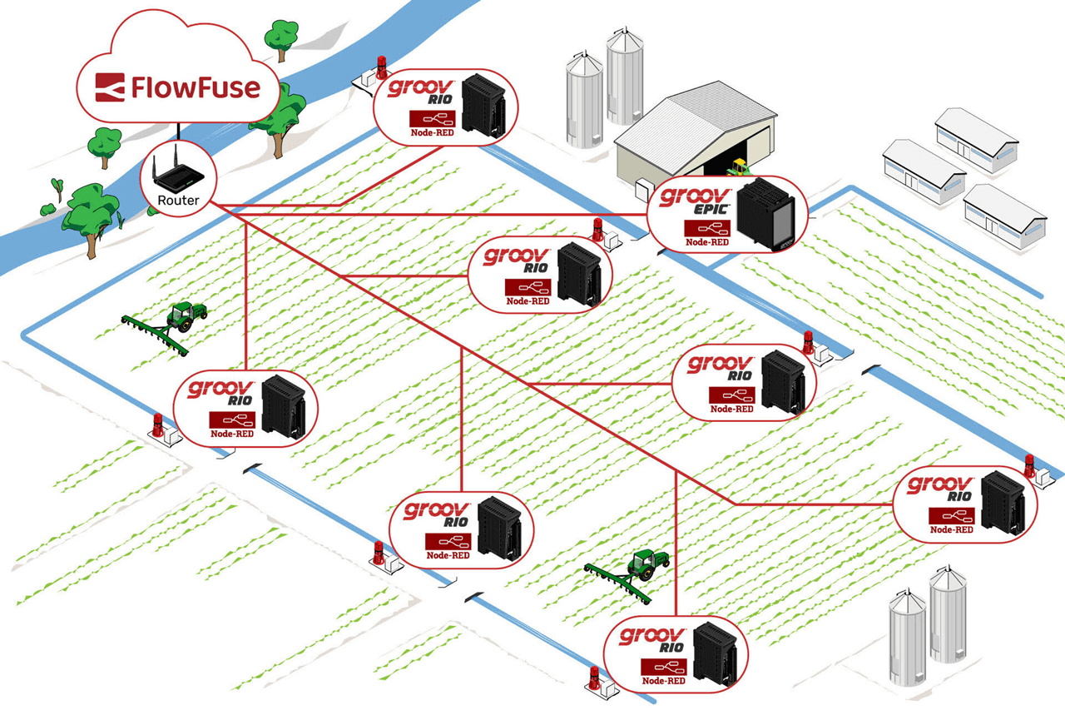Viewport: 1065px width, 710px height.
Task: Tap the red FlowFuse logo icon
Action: [x=111, y=87]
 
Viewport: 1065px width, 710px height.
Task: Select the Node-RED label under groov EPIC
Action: [x=706, y=242]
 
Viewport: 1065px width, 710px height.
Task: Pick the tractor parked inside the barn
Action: [x=737, y=167]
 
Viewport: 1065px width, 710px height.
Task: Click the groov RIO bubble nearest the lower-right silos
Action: [x=965, y=503]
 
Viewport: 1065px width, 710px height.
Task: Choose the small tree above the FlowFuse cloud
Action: [x=280, y=36]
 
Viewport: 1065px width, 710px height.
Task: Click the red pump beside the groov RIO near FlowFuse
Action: [x=382, y=66]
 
